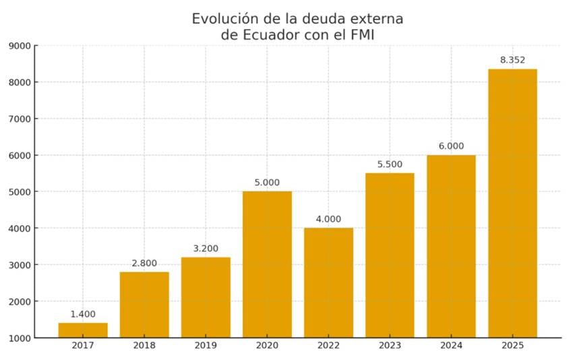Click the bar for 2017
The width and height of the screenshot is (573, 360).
(83, 330)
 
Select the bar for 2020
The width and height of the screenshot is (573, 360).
(267, 264)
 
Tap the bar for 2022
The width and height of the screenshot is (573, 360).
(328, 282)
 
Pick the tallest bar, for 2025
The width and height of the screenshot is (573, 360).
(512, 203)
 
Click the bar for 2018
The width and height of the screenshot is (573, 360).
(144, 304)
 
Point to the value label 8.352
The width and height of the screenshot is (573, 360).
(512, 60)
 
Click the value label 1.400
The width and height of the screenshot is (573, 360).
(83, 314)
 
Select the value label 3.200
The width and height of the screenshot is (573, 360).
(206, 248)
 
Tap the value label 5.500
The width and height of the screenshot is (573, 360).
(390, 164)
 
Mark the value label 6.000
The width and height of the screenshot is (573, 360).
(451, 146)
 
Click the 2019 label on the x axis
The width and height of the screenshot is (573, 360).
(206, 346)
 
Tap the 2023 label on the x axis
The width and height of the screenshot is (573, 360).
(390, 346)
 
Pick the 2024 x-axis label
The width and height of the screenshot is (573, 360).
(451, 346)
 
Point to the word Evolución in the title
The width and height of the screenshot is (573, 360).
(226, 19)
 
